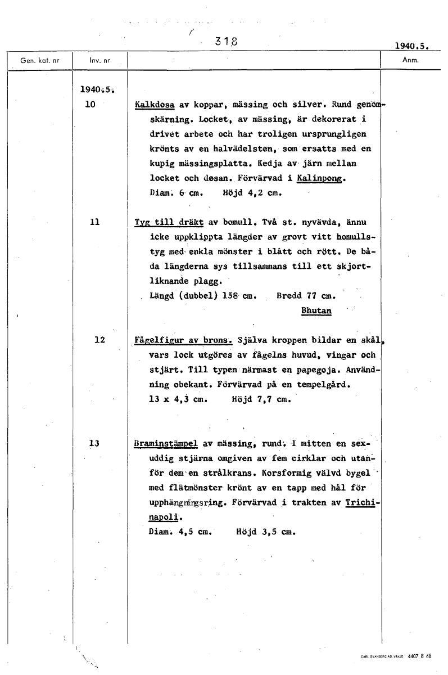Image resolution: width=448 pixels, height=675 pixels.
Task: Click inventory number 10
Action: point(90,104)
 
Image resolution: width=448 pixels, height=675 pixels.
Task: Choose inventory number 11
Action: point(94,222)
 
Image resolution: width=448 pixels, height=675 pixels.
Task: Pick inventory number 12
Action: point(99,339)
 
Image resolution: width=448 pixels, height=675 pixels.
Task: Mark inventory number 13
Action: point(94,443)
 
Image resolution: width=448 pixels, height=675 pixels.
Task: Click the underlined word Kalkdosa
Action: point(155,105)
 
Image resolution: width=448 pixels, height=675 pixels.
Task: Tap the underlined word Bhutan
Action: point(316,310)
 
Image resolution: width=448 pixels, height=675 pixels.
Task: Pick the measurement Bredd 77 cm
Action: point(306,295)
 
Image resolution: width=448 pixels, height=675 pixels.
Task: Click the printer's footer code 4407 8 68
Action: point(420,656)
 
